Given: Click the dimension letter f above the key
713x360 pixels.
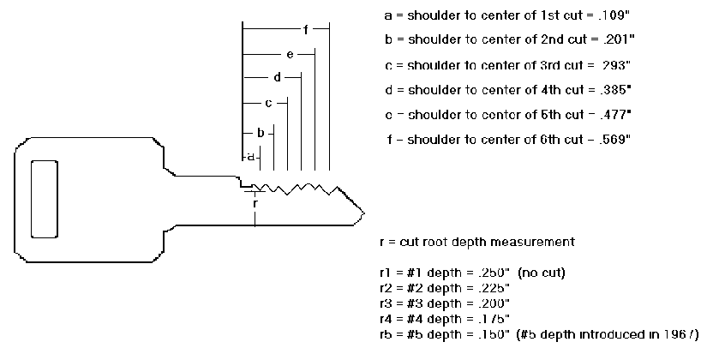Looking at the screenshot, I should click(305, 30).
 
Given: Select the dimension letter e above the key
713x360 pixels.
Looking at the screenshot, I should click(291, 55).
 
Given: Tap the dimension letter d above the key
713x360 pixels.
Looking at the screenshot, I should click(277, 78).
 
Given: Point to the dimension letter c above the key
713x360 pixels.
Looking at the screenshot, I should click(268, 104).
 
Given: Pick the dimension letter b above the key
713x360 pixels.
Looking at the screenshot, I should click(261, 133).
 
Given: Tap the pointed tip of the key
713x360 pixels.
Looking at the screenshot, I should click(364, 211).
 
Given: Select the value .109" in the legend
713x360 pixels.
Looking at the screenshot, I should click(612, 15).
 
